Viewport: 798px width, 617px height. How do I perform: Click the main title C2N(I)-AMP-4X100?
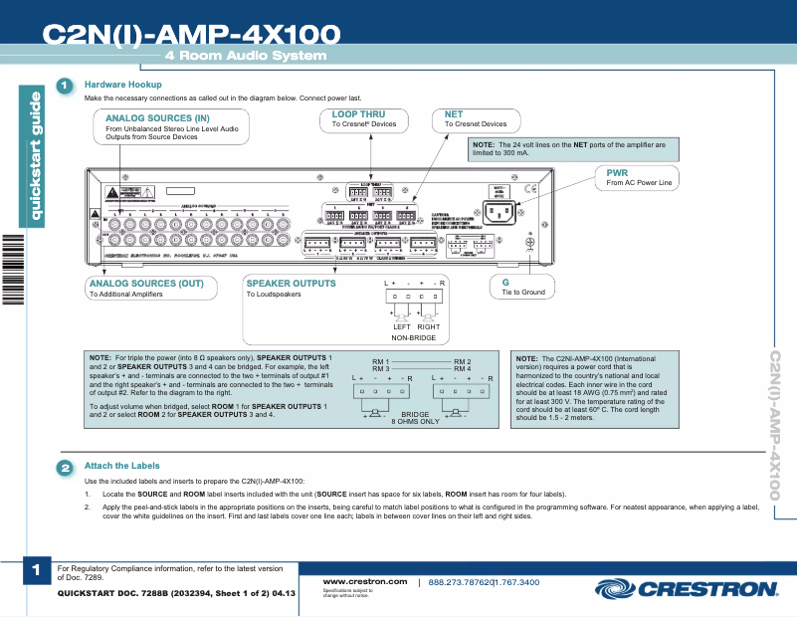[x=191, y=34]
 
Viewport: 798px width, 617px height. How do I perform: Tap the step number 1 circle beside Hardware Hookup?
[x=65, y=86]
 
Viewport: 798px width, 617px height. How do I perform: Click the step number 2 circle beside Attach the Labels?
[x=65, y=467]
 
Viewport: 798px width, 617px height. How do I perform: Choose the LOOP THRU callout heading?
[x=358, y=114]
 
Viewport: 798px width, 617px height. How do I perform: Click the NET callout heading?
[x=454, y=114]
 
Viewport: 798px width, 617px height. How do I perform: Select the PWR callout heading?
[x=617, y=172]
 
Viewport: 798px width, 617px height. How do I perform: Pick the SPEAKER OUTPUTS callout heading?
[x=292, y=284]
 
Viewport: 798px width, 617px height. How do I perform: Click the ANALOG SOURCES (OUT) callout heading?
[x=146, y=284]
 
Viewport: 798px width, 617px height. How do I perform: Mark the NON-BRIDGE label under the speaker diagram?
[x=414, y=338]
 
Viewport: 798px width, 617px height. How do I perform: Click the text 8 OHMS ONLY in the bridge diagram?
[x=415, y=422]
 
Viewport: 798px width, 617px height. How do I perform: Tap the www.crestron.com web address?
[x=365, y=581]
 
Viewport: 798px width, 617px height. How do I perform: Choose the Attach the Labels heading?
[x=121, y=466]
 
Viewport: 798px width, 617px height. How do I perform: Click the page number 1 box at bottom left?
[x=35, y=570]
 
